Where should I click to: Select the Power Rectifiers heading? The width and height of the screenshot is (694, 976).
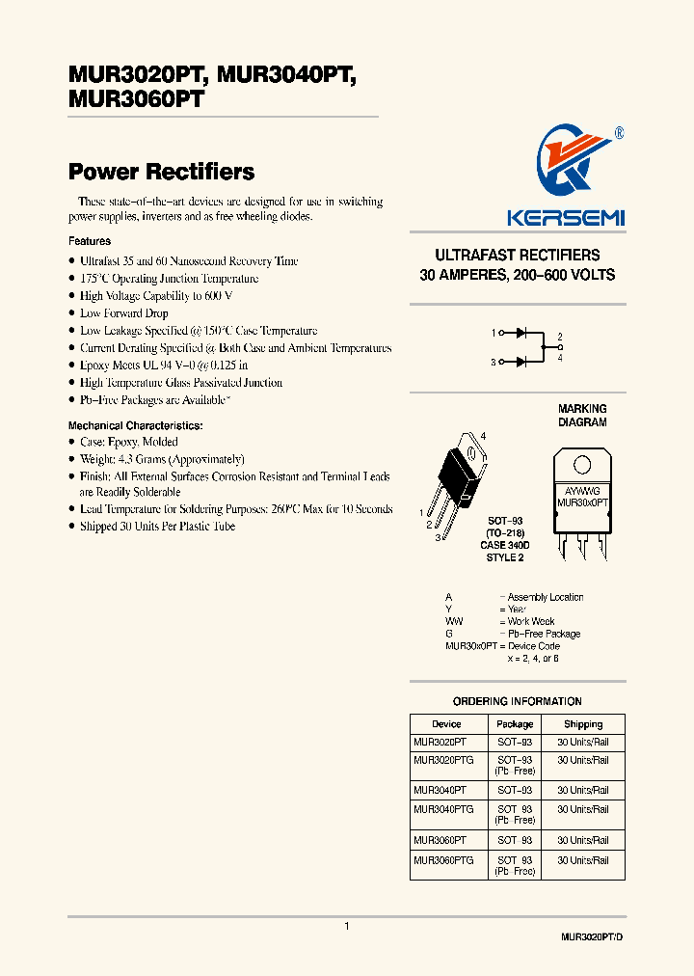[x=161, y=172]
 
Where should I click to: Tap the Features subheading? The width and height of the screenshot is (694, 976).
[x=90, y=241]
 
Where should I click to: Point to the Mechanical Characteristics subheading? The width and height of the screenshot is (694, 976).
[x=135, y=425]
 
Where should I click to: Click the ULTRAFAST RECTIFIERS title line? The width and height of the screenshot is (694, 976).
[x=517, y=256]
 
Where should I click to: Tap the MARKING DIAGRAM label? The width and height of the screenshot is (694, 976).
[x=582, y=416]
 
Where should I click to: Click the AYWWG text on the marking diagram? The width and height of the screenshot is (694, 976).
[x=581, y=491]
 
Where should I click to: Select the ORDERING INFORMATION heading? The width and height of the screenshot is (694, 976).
[x=517, y=701]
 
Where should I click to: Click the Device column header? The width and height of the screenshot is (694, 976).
[x=446, y=724]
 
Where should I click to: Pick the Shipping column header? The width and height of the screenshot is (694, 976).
[x=583, y=724]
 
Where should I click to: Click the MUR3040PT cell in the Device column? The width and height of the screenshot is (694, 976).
[x=440, y=790]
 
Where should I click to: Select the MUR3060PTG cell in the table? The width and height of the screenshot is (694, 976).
[x=443, y=859]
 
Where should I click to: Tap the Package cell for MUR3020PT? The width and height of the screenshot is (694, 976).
[x=515, y=743]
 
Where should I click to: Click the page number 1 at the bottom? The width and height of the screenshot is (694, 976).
[x=347, y=926]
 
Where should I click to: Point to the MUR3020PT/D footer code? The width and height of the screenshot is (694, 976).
[x=598, y=937]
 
